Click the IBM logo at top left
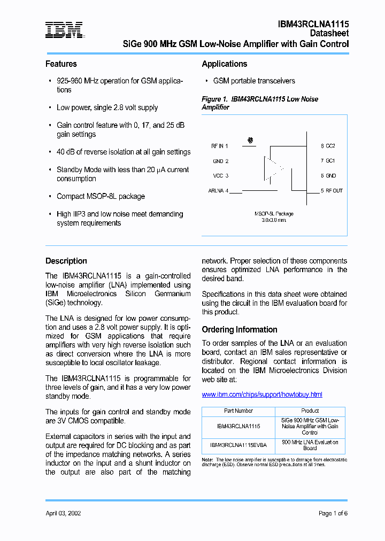(64, 30)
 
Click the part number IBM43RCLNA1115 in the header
(313, 24)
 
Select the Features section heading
(61, 64)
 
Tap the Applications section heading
(224, 64)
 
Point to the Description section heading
(66, 261)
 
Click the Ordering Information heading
(239, 330)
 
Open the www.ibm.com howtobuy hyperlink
(261, 395)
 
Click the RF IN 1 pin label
(219, 146)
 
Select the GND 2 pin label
(220, 161)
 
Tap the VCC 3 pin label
(220, 175)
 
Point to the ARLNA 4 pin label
(218, 190)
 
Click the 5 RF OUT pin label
(332, 190)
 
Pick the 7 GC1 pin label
(328, 160)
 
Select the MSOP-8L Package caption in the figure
(274, 214)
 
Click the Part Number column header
(238, 411)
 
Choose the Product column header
(310, 411)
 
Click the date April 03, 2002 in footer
(63, 513)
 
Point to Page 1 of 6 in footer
(333, 513)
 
